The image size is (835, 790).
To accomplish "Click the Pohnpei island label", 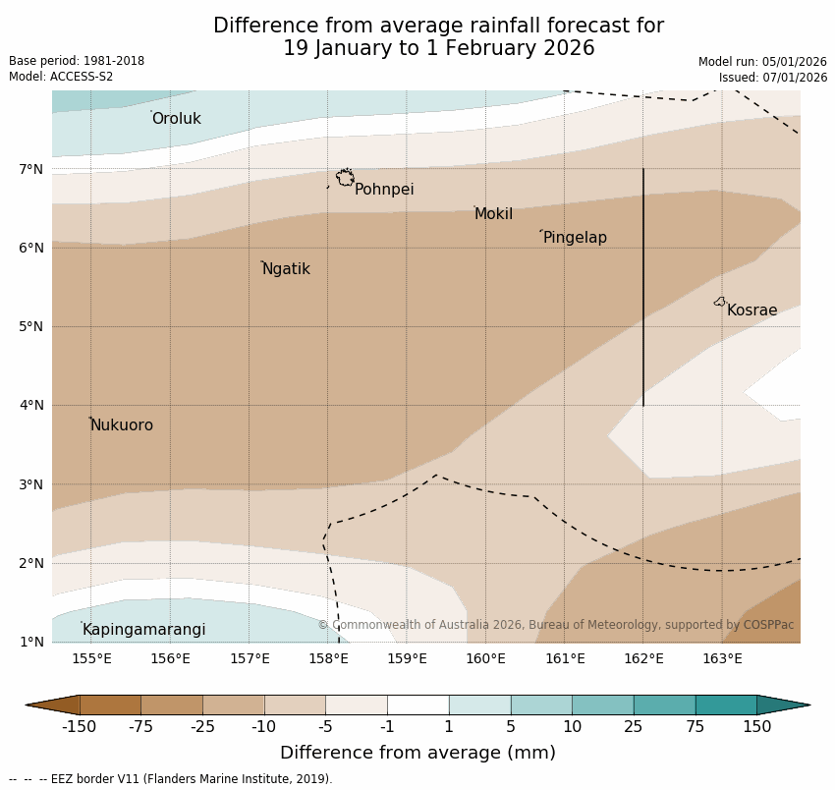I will point(384,190).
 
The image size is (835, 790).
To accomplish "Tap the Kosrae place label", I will point(751,310).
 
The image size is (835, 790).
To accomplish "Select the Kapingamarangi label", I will point(143,630).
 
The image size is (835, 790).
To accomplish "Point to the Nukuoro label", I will point(122,425).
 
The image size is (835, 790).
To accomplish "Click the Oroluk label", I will point(176,119).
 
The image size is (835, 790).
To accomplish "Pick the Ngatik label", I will point(286,269).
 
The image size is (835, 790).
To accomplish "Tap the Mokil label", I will point(493,214).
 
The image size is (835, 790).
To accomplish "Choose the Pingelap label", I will point(575,238).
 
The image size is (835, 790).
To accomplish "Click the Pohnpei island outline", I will point(346,178).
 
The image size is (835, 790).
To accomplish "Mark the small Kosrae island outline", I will point(720,302).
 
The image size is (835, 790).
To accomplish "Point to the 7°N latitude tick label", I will point(31,169).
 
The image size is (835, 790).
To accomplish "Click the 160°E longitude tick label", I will point(485,658).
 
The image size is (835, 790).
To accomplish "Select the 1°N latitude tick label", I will point(31,643).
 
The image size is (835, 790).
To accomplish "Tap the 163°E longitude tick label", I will point(722,658).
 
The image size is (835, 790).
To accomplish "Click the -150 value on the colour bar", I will point(79,727).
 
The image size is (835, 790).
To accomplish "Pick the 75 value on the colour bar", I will point(696,727).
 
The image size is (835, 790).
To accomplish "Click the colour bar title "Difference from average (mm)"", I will point(417,753).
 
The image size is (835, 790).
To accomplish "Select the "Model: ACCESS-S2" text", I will point(61,77).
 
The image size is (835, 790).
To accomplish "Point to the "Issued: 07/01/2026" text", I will point(772,78).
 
